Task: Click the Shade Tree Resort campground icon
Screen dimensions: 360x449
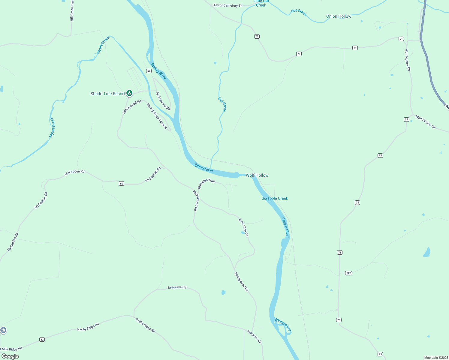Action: [x=129, y=93]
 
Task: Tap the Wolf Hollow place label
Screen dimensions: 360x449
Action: [x=257, y=175]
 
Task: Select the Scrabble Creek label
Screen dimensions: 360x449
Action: [x=275, y=198]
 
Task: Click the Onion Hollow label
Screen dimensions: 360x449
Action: [x=339, y=16]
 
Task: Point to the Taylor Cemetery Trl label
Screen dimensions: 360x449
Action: [x=228, y=5]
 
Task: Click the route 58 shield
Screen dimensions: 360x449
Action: [x=149, y=71]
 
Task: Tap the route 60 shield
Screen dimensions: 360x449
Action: [x=122, y=183]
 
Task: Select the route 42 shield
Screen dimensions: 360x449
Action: [x=42, y=340]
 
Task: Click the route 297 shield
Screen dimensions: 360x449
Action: [x=348, y=273]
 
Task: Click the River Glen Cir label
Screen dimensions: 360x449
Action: [x=243, y=227]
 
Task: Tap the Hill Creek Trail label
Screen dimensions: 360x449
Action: [x=72, y=10]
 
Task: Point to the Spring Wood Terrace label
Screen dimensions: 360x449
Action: [x=157, y=116]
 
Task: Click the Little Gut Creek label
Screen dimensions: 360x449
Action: [x=261, y=3]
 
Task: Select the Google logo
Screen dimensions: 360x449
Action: [x=10, y=356]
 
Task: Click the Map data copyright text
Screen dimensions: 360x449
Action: [x=436, y=358]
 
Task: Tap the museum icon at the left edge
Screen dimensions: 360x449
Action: [x=3, y=330]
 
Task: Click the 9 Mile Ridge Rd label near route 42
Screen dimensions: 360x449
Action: [x=88, y=327]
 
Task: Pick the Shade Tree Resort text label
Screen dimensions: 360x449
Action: [x=108, y=94]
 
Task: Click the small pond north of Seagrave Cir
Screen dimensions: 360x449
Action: [x=223, y=292]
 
